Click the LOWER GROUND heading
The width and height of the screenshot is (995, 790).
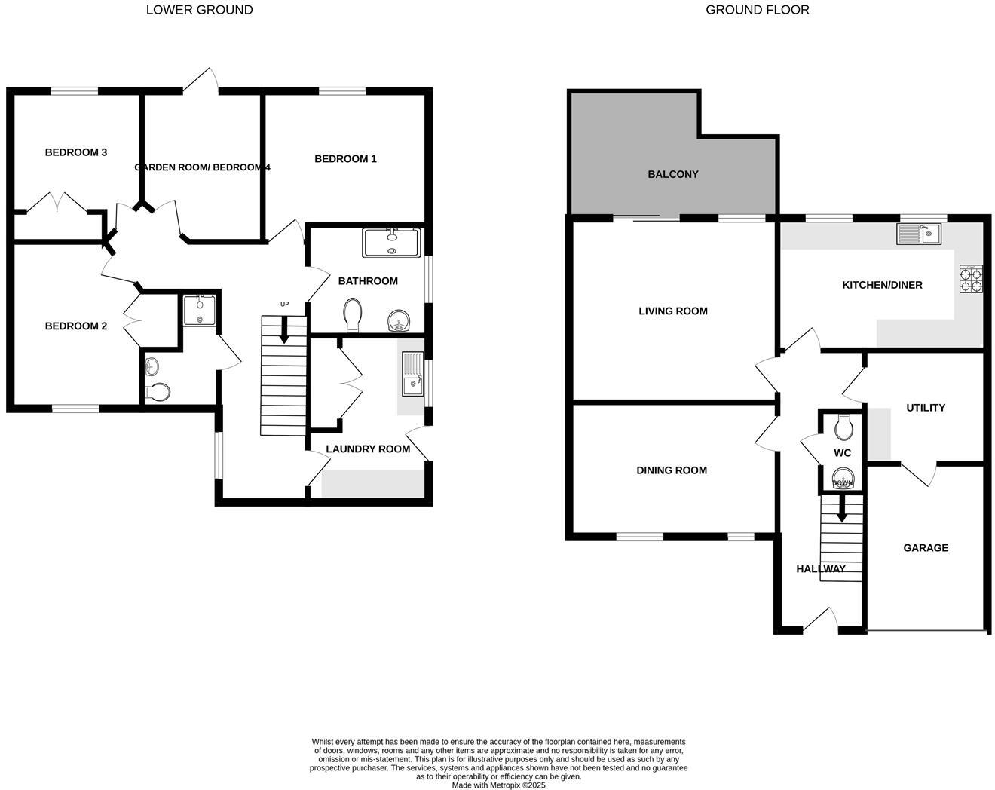(199, 10)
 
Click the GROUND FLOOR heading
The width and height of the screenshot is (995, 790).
(757, 10)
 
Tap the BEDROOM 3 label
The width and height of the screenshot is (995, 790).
(76, 152)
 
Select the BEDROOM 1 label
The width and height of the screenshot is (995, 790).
(345, 158)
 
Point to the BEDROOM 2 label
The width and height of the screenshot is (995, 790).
(76, 326)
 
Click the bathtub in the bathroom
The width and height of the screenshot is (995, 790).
(391, 243)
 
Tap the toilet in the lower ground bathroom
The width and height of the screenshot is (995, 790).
(352, 314)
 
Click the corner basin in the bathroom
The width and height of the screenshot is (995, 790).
(399, 322)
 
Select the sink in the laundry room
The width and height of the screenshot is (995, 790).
(412, 375)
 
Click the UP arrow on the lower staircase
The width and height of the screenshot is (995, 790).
(284, 329)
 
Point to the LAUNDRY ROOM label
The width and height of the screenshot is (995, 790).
(368, 449)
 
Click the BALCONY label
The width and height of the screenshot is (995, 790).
(673, 174)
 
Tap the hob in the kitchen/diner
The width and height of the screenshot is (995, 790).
(971, 280)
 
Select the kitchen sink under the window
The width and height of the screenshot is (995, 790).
(918, 234)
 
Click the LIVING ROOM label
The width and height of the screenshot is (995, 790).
(673, 311)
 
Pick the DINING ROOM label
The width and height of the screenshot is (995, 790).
(672, 470)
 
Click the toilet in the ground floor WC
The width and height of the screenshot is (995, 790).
(843, 427)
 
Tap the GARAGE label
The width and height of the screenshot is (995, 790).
(926, 547)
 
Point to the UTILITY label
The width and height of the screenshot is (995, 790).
(926, 407)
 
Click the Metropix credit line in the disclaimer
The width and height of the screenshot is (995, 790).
(498, 785)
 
